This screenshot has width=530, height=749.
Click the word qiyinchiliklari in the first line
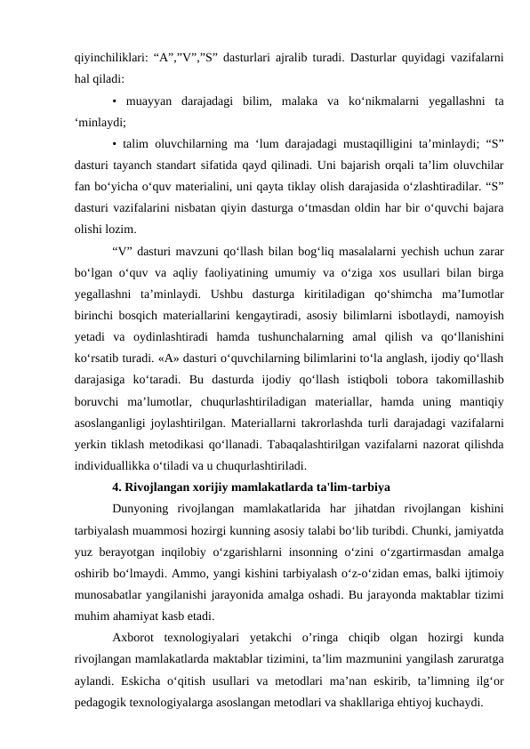point(103,60)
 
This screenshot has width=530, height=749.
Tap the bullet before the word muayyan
point(116,101)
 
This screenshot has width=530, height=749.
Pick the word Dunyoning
point(141,507)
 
